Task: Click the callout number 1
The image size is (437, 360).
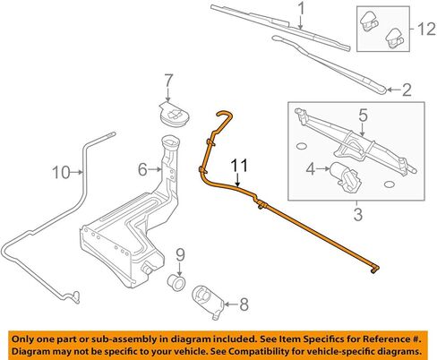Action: (302, 9)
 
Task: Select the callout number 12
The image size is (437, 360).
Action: (426, 29)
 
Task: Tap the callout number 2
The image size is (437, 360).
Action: (407, 90)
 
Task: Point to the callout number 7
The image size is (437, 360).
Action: (168, 81)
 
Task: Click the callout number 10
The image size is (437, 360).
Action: (61, 172)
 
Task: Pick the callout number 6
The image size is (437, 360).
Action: (142, 169)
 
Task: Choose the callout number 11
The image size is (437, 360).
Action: (240, 166)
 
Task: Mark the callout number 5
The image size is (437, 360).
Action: (363, 116)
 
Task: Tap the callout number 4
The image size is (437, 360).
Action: (311, 169)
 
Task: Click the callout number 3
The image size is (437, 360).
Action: (358, 214)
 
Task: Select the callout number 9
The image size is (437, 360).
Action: (180, 255)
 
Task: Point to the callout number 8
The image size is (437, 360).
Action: (244, 304)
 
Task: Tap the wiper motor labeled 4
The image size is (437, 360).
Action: (345, 176)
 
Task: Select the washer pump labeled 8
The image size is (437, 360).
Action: (208, 302)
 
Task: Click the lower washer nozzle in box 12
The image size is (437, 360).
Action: (394, 38)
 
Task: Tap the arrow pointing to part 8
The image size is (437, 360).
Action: (231, 304)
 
